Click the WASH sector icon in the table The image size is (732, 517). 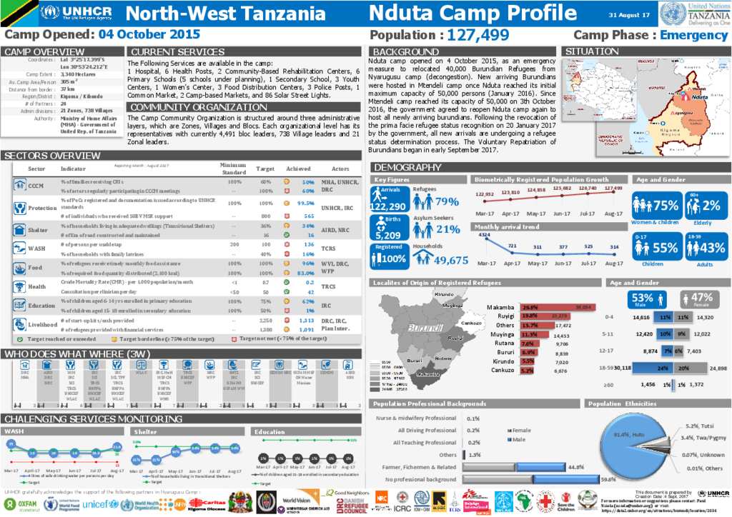click(x=19, y=248)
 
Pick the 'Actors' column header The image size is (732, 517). click(x=340, y=169)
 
